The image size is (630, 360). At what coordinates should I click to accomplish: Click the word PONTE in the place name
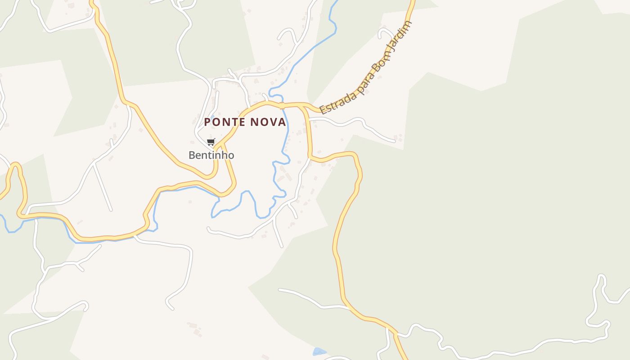(225, 122)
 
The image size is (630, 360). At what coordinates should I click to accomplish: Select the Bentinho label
(211, 155)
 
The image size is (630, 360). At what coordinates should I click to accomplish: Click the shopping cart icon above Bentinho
(211, 142)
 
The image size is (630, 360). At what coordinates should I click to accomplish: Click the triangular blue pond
(319, 351)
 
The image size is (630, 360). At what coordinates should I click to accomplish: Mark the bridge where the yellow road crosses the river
(282, 106)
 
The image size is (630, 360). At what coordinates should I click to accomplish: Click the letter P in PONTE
(207, 122)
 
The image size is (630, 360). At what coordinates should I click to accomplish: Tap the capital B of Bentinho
(192, 155)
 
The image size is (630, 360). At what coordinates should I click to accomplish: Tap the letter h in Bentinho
(224, 155)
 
